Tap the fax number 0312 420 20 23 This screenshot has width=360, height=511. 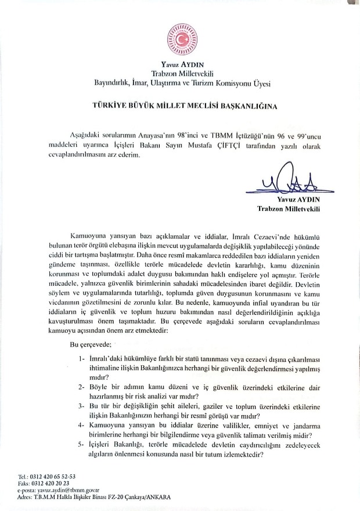pyautogui.click(x=55, y=483)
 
